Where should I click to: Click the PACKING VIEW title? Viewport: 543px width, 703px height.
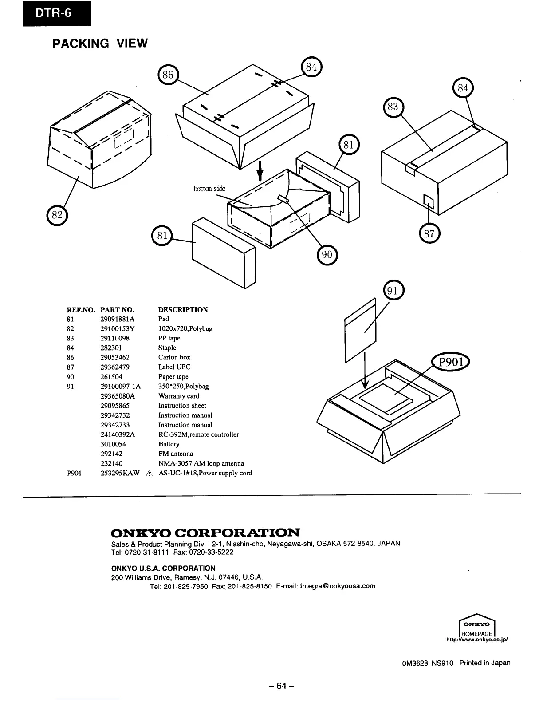coord(100,43)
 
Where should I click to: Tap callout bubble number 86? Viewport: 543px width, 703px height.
coord(168,75)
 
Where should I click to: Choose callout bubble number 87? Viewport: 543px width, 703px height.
coord(429,234)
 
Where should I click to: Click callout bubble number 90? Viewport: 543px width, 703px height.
coord(327,254)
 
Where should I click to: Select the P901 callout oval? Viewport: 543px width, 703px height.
coord(451,362)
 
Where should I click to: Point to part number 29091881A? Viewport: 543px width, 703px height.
coord(118,319)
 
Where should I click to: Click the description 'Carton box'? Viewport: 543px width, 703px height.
coord(174,357)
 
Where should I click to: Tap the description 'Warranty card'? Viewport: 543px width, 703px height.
coord(179,396)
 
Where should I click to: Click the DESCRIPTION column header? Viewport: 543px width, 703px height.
coord(183,309)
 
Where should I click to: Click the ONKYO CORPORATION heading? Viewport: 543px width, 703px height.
coord(205,532)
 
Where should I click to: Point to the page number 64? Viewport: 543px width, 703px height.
coord(282,686)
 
